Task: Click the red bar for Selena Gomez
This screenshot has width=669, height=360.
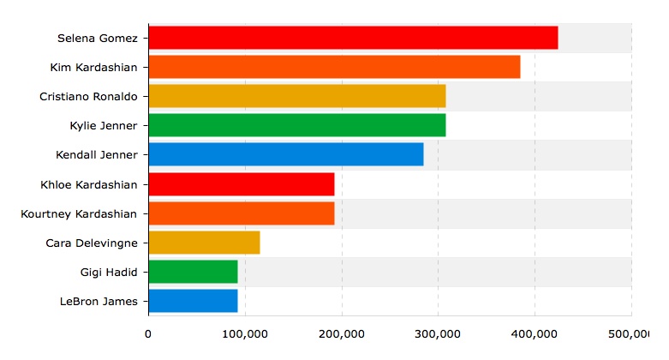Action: tap(353, 38)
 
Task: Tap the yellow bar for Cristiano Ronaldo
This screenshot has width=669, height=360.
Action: tap(296, 96)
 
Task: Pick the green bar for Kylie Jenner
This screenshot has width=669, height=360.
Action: tap(296, 125)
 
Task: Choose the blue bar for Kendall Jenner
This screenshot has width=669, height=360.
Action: tap(285, 154)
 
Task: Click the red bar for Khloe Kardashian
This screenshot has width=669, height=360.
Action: tap(241, 184)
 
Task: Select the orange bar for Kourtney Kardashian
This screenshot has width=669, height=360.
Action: tap(241, 213)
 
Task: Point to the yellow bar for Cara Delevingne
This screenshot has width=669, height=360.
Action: tap(204, 243)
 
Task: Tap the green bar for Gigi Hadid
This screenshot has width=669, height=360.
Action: tap(193, 272)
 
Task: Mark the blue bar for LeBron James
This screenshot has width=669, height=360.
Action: tap(193, 301)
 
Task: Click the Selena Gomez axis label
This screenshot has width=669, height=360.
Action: tap(97, 38)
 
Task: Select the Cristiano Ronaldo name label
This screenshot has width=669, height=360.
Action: tap(88, 96)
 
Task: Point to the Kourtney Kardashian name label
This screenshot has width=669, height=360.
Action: tap(79, 213)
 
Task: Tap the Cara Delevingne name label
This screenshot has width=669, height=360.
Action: tap(91, 243)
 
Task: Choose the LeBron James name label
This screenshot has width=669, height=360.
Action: tap(99, 301)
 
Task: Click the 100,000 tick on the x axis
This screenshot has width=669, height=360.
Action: tap(245, 333)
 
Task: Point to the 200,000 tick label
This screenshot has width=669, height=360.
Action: tap(342, 333)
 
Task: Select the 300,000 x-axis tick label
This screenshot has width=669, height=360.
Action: tap(438, 333)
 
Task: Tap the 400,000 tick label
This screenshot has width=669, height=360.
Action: tap(535, 333)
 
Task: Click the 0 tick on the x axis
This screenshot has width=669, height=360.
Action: tap(148, 333)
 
